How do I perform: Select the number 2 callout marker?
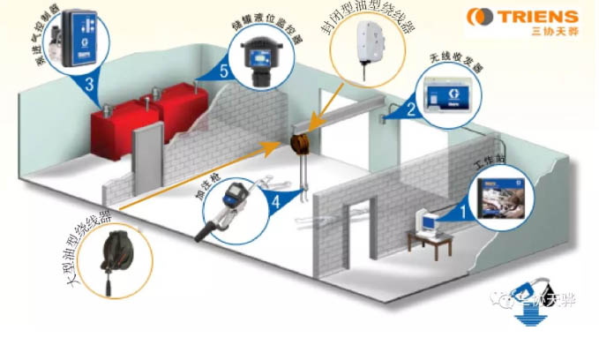[411, 109]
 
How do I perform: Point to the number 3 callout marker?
[90, 86]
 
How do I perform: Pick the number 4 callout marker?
[276, 200]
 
